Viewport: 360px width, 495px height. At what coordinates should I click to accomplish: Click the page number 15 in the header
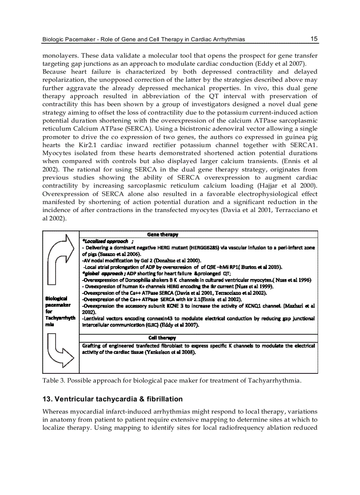314,39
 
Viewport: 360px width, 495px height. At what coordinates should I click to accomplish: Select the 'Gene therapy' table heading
162,234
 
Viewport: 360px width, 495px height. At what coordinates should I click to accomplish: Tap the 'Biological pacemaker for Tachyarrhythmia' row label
56,311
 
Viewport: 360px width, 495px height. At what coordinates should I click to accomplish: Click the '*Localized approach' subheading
105,241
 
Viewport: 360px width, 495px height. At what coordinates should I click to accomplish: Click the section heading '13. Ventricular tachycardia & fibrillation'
112,399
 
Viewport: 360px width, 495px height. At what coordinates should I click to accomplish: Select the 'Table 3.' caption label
53,380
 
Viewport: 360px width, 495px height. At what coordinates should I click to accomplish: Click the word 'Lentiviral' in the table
97,319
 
